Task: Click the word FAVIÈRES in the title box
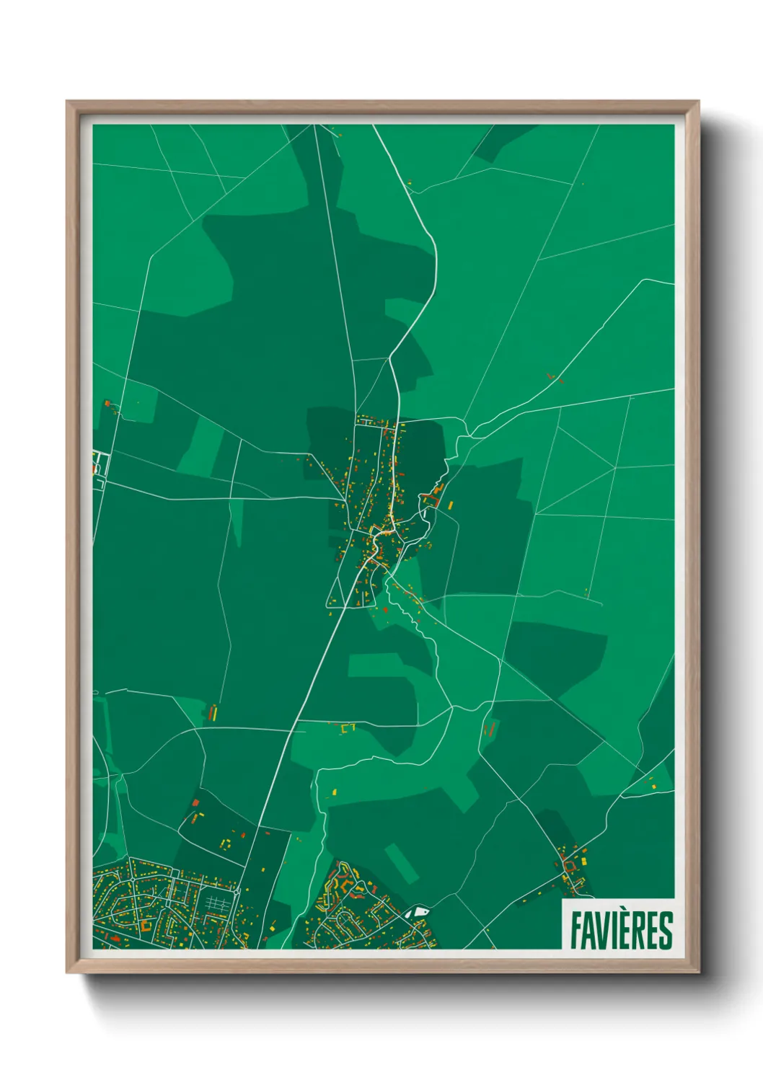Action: point(621,930)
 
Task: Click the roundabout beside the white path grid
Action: point(237,892)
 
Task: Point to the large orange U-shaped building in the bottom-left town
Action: point(148,925)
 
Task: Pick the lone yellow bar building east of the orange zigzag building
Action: point(451,505)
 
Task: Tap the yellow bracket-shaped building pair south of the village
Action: point(348,729)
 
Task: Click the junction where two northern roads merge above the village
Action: point(390,358)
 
